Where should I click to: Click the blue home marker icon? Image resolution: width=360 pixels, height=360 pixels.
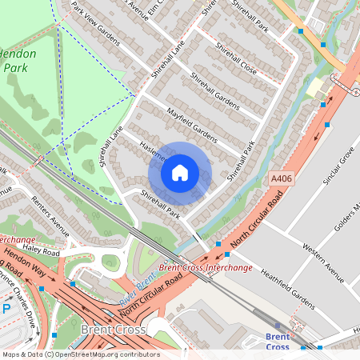point(180,173)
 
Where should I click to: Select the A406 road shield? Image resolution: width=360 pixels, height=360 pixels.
point(280,180)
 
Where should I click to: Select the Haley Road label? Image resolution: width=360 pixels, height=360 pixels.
point(42,251)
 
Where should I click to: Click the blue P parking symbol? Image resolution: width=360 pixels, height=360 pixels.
point(6,308)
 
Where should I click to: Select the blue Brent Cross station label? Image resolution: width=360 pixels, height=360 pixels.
point(277,342)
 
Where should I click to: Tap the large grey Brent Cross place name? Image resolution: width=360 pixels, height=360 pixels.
point(113,330)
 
